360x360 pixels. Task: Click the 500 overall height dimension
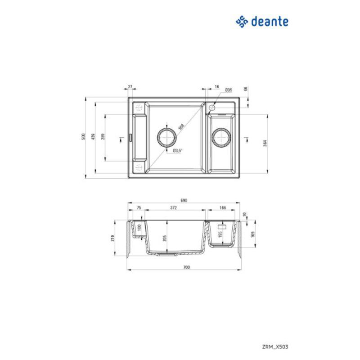[83, 137]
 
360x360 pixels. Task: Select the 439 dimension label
[93, 137]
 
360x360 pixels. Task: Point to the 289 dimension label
[103, 137]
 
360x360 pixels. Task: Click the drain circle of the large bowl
[166, 136]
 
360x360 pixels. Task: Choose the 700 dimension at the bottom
[187, 267]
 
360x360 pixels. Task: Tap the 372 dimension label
[173, 208]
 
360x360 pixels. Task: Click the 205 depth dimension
[166, 238]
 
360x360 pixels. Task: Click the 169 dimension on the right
[253, 234]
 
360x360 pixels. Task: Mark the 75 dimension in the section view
[139, 208]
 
